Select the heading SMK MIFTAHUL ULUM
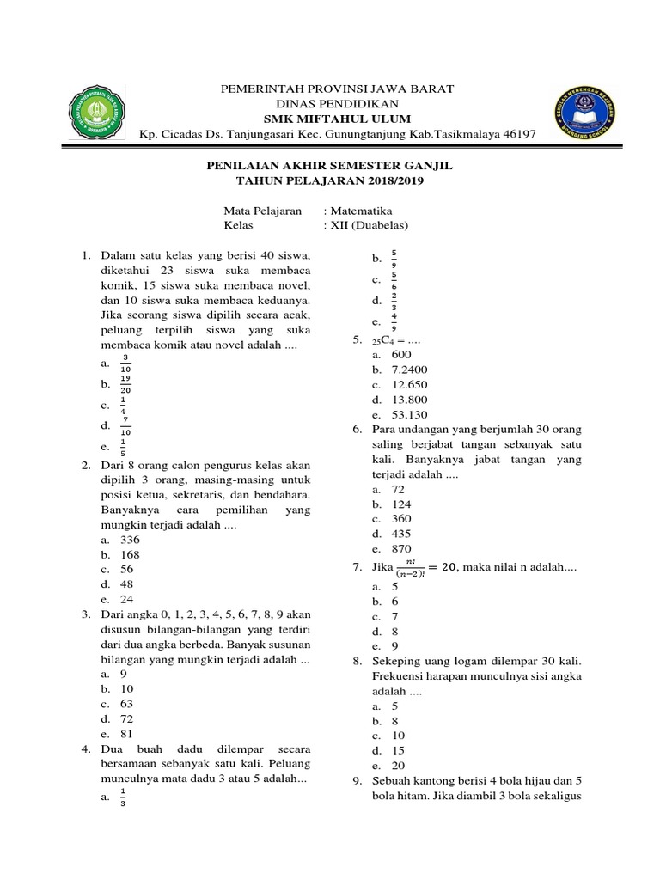coord(338,118)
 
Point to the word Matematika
coord(357,211)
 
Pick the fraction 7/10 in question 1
coord(125,425)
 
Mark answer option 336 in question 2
coord(130,540)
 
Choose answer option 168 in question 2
coord(130,554)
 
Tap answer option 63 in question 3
coord(127,703)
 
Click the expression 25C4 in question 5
coord(390,340)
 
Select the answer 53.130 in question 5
coord(409,415)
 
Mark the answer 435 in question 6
coord(401,534)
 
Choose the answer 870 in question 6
coord(401,548)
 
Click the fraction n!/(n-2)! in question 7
coord(412,568)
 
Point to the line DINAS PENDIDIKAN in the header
coord(338,103)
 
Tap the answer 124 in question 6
coord(401,504)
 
